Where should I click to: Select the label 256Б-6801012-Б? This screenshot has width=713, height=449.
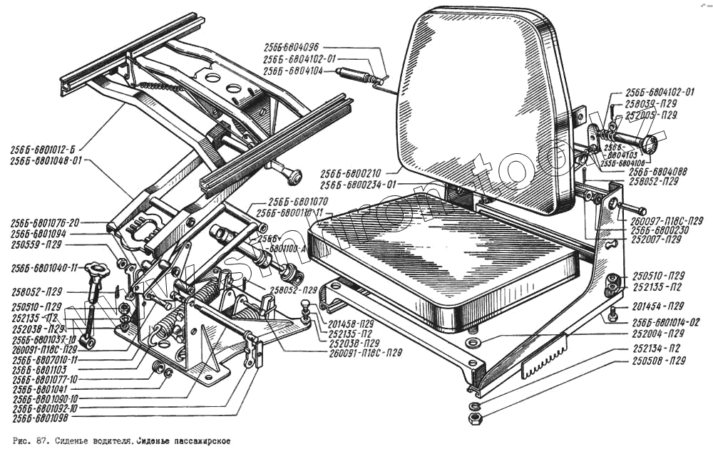point(43,150)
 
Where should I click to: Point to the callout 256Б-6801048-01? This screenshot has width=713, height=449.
point(47,161)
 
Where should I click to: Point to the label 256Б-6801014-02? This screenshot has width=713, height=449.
point(665,322)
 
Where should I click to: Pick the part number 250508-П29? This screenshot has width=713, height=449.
point(659,361)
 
